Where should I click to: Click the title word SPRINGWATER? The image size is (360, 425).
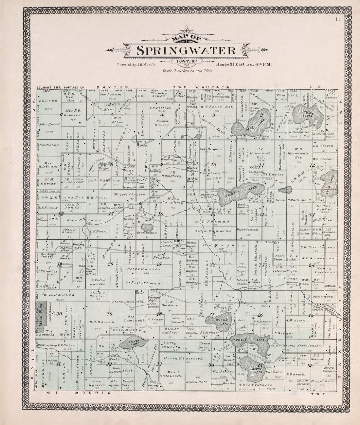coord(186,50)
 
